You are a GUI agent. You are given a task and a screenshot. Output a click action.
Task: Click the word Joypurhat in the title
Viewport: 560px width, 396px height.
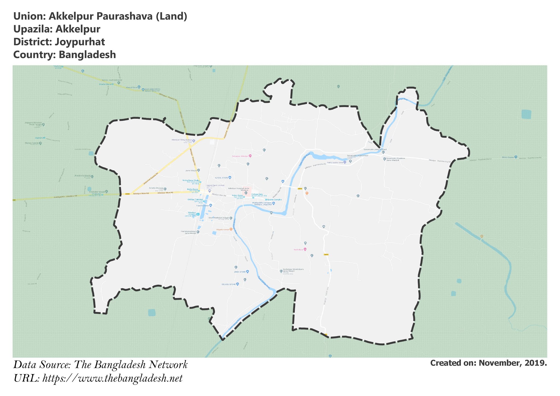pos(80,42)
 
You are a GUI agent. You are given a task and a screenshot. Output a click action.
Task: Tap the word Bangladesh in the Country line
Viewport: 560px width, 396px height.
pos(87,55)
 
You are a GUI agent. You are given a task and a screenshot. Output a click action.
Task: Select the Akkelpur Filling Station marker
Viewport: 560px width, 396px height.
pos(194,141)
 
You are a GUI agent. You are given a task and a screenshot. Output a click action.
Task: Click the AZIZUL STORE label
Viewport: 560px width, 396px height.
pos(221,178)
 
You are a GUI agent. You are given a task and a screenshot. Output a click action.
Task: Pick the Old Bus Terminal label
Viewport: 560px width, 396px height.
pos(195,200)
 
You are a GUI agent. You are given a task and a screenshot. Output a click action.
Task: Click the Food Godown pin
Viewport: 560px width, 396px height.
pos(211,205)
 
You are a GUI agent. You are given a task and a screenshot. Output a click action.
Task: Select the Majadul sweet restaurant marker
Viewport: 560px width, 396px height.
pos(231,229)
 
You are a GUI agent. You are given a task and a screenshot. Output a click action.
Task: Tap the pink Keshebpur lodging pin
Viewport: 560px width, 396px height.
pos(305,249)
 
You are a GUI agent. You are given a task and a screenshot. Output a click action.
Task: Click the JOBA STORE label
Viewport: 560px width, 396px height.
pos(240,272)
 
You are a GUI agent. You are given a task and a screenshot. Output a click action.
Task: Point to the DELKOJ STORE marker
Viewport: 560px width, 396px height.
pos(237,284)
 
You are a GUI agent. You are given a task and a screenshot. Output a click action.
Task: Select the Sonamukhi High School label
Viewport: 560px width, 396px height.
pos(358,156)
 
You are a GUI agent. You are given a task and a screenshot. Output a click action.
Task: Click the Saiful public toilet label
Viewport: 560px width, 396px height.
pos(335,162)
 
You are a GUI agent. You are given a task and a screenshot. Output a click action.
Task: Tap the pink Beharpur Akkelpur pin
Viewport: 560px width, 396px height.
pos(250,156)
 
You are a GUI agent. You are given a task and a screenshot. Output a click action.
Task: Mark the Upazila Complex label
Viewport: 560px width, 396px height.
pos(274,200)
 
